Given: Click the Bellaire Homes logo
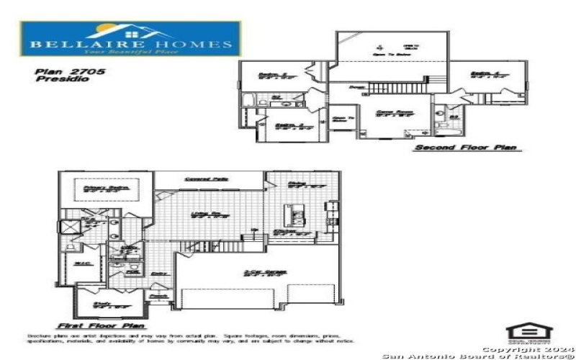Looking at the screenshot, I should [130, 39].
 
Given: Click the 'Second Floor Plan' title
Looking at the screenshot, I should [464, 148].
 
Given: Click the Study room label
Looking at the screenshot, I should [107, 305].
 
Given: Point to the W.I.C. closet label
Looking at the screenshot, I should [81, 264].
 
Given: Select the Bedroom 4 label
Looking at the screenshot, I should [482, 74].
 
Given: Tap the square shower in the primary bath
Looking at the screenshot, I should [70, 226].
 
